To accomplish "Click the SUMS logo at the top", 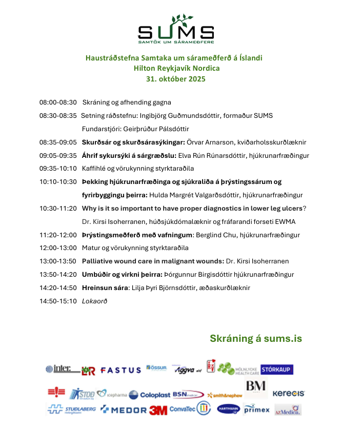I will click(x=176, y=30).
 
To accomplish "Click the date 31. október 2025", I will click(x=176, y=79).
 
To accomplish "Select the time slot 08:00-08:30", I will click(x=58, y=102).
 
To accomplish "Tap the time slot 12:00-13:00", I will click(x=58, y=248).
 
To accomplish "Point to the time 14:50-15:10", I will click(x=58, y=301).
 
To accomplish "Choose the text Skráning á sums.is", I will click(x=256, y=339).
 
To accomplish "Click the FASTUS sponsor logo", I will click(x=121, y=370).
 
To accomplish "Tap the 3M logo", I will click(x=158, y=410).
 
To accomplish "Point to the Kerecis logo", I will click(x=288, y=394).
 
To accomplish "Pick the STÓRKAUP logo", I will click(x=277, y=369).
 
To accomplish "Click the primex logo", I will click(x=256, y=409).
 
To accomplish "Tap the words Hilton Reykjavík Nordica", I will click(x=176, y=68).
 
